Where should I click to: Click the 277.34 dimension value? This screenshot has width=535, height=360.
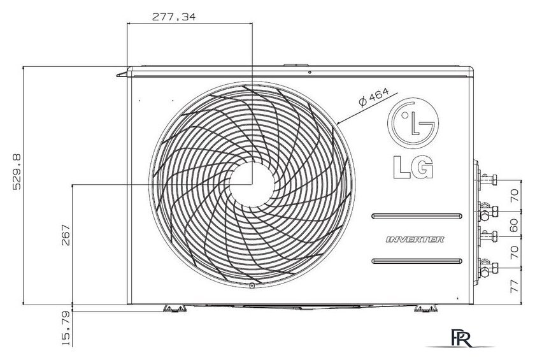click(x=173, y=17)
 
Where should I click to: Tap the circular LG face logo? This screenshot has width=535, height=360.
click(x=414, y=123)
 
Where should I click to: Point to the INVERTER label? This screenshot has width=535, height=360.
click(x=415, y=239)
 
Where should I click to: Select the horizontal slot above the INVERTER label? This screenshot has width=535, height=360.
click(x=418, y=215)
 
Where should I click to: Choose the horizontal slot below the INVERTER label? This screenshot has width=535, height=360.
click(x=418, y=261)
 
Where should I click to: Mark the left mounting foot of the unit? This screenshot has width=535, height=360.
click(x=174, y=309)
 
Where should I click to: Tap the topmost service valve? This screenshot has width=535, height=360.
click(x=490, y=178)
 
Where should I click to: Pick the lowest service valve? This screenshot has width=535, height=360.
click(x=489, y=268)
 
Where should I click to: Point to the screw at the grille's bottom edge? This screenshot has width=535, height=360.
click(x=252, y=286)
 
